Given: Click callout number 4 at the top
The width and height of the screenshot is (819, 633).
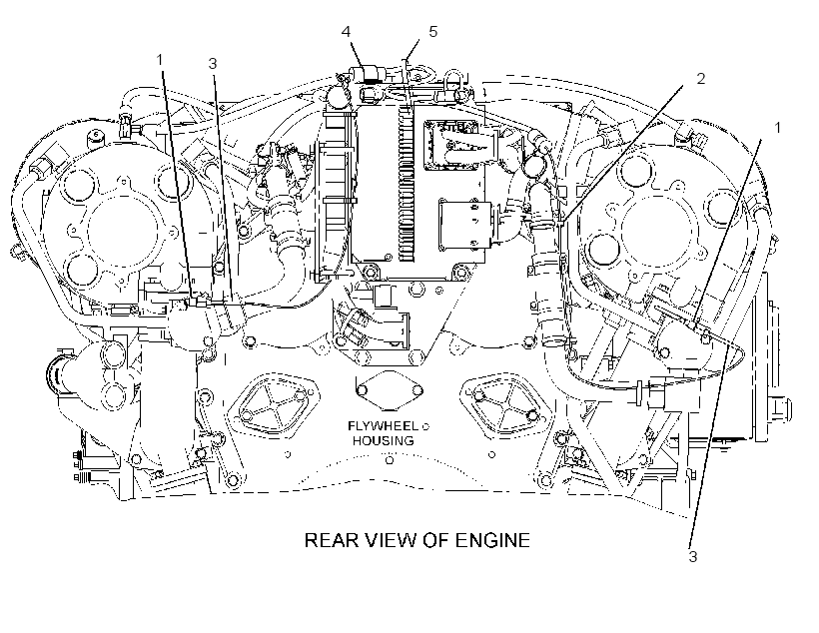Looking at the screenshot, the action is point(347,32).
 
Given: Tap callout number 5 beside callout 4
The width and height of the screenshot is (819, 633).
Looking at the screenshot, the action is point(433,31).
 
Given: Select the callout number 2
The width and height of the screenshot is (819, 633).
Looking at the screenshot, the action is point(701,78).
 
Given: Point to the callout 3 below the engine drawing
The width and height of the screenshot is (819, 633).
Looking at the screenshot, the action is point(692,557).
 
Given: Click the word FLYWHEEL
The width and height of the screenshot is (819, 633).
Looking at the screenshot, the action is point(383,426).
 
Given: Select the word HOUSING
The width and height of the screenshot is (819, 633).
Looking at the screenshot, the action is point(384,440).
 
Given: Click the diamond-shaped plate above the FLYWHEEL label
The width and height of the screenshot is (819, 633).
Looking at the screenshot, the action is point(390,390).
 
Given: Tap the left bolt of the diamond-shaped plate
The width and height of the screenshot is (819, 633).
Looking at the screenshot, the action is point(361,391).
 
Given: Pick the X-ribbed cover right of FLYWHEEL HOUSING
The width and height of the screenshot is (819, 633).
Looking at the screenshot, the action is point(505,401).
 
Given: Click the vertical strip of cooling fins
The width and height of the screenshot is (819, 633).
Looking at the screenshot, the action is point(407,183).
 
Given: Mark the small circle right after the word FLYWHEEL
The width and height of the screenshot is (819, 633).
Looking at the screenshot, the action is point(425,426).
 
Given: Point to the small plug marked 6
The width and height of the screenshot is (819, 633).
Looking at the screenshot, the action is point(96,137).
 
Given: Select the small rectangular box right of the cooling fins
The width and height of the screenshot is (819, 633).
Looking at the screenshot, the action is point(465,224).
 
